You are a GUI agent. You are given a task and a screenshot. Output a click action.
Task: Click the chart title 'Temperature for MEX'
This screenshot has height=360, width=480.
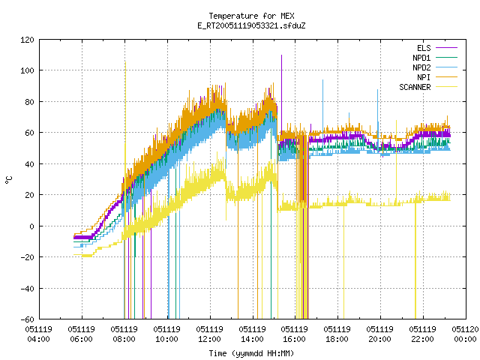[251, 16]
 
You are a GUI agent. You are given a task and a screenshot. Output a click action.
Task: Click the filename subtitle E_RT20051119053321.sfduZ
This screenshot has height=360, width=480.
[251, 25]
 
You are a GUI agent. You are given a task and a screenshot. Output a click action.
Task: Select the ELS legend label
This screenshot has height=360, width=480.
[424, 48]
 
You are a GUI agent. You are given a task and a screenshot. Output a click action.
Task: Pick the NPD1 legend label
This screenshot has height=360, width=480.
[421, 58]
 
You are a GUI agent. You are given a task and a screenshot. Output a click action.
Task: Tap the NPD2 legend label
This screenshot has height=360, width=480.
[421, 67]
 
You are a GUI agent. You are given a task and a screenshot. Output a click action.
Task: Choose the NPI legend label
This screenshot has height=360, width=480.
[424, 77]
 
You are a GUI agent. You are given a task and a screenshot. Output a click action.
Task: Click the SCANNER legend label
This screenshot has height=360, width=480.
[415, 87]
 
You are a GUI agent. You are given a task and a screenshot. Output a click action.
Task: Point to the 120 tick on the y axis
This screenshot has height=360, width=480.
[27, 40]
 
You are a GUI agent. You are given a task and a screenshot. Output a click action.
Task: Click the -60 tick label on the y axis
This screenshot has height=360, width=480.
[27, 319]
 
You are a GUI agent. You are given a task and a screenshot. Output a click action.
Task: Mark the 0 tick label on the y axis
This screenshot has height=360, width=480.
[31, 226]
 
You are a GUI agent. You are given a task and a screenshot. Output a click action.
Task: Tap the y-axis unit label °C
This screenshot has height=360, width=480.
[9, 180]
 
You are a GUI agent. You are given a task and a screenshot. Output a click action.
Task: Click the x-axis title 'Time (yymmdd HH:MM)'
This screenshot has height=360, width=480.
[251, 353]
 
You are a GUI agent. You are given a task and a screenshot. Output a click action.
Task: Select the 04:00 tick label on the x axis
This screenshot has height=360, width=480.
[38, 339]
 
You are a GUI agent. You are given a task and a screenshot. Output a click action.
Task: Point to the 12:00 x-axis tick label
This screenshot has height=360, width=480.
[210, 339]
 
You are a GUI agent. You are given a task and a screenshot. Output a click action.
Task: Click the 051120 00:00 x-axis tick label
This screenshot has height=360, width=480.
[465, 334]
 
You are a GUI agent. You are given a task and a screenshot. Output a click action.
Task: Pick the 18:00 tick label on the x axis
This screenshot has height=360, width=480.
[337, 339]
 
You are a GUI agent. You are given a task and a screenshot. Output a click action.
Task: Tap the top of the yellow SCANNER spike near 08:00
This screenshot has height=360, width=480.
[125, 61]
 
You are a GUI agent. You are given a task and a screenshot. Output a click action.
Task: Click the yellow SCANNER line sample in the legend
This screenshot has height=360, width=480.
[447, 87]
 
